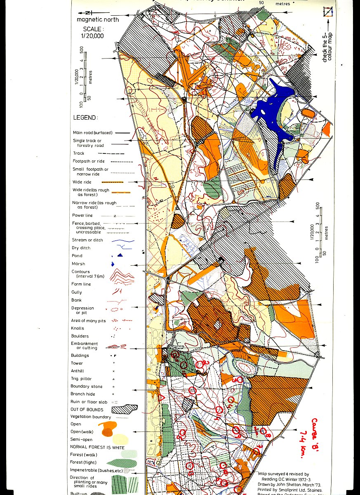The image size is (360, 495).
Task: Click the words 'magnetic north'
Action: coord(98,20)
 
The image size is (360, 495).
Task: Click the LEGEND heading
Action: coord(85,118)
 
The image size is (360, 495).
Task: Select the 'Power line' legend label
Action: coord(82,215)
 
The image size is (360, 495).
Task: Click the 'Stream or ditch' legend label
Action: coord(87,240)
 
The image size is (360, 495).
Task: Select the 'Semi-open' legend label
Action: coord(82,440)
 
